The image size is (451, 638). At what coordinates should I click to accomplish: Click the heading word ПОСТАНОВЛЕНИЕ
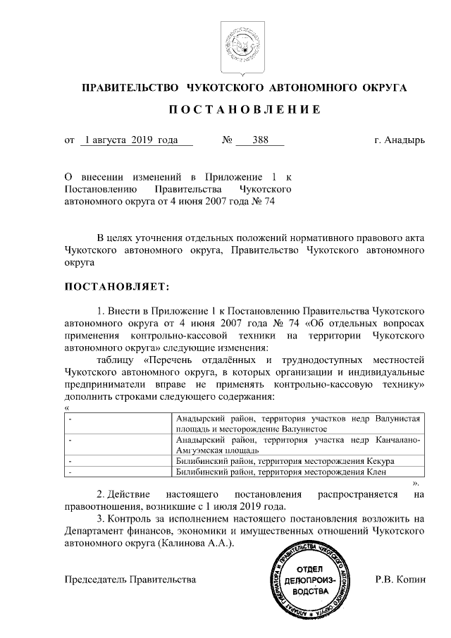(x=244, y=110)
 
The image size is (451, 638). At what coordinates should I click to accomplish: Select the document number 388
(x=260, y=140)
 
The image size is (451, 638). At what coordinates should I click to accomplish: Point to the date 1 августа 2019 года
(x=130, y=140)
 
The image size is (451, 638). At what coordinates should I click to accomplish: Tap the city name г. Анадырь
(x=400, y=140)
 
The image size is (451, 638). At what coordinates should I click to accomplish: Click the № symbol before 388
(x=228, y=140)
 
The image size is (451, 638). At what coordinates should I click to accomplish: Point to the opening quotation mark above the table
(x=67, y=407)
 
